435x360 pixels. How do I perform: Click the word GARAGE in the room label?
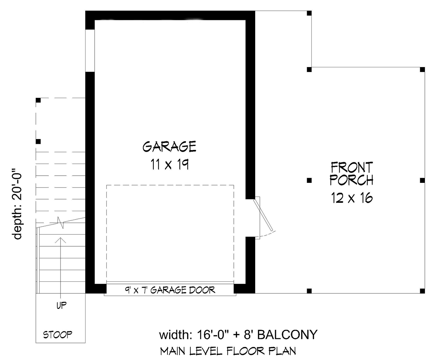(x=169, y=146)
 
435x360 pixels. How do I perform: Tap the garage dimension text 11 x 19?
(x=170, y=164)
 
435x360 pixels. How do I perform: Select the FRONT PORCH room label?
(x=352, y=173)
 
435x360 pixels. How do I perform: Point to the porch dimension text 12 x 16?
(x=352, y=198)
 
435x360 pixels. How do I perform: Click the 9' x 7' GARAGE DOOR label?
(x=170, y=290)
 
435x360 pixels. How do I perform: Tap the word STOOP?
(x=58, y=335)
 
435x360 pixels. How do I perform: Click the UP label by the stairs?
(x=62, y=305)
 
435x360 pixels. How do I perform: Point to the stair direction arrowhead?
(x=61, y=240)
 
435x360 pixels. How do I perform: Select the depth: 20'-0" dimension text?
(x=17, y=204)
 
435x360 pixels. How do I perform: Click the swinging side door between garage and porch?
(x=263, y=215)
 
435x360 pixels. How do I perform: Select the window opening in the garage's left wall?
(x=90, y=51)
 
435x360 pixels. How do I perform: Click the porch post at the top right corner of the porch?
(x=422, y=70)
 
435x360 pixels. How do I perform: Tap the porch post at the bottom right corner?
(x=422, y=291)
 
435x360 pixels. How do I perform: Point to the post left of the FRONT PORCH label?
(x=309, y=180)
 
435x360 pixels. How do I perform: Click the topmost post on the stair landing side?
(x=38, y=100)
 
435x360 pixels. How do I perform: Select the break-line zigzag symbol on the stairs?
(x=61, y=223)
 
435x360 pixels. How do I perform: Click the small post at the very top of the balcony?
(x=309, y=13)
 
